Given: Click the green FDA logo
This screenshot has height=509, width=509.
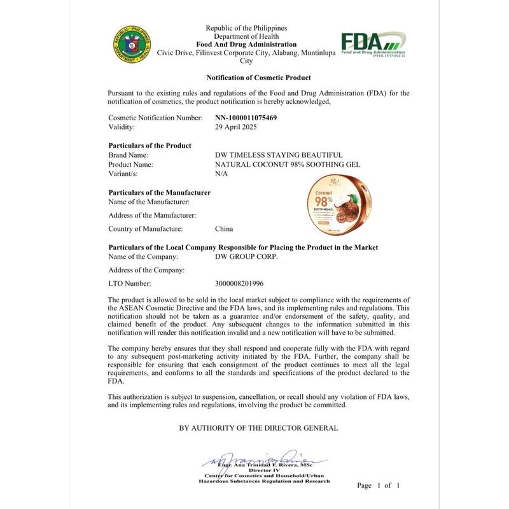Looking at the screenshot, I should point(373,44).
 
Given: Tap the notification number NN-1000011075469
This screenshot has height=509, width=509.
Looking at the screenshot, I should point(246,118).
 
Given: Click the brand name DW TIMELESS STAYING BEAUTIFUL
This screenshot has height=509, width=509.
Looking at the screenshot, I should point(279,155).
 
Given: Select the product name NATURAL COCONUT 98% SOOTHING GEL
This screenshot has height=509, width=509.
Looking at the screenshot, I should point(288,164).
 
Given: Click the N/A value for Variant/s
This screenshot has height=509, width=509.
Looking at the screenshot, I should point(221,173).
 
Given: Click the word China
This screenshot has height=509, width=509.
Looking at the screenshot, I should point(225,229).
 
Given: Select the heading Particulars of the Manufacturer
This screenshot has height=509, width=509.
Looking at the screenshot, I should point(160,192).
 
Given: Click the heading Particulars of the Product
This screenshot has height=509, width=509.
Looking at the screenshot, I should point(150,146).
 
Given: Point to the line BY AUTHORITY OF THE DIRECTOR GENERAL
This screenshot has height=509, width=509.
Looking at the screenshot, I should point(258,428).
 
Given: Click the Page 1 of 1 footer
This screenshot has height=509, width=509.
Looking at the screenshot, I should point(379,485).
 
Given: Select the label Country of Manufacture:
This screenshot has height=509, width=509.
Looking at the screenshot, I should point(146,229).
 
